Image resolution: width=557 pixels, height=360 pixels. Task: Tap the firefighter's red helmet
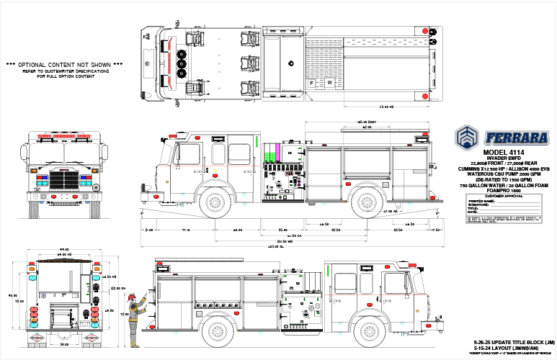pos(132,297)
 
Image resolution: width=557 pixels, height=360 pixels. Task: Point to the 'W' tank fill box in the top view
pos(330,83)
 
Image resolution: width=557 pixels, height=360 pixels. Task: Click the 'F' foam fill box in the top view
pos(311,83)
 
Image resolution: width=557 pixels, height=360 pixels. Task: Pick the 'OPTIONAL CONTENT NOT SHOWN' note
pos(64,64)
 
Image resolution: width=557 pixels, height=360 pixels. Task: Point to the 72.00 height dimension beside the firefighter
pos(123,315)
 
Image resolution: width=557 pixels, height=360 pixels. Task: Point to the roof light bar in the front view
pos(63,135)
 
